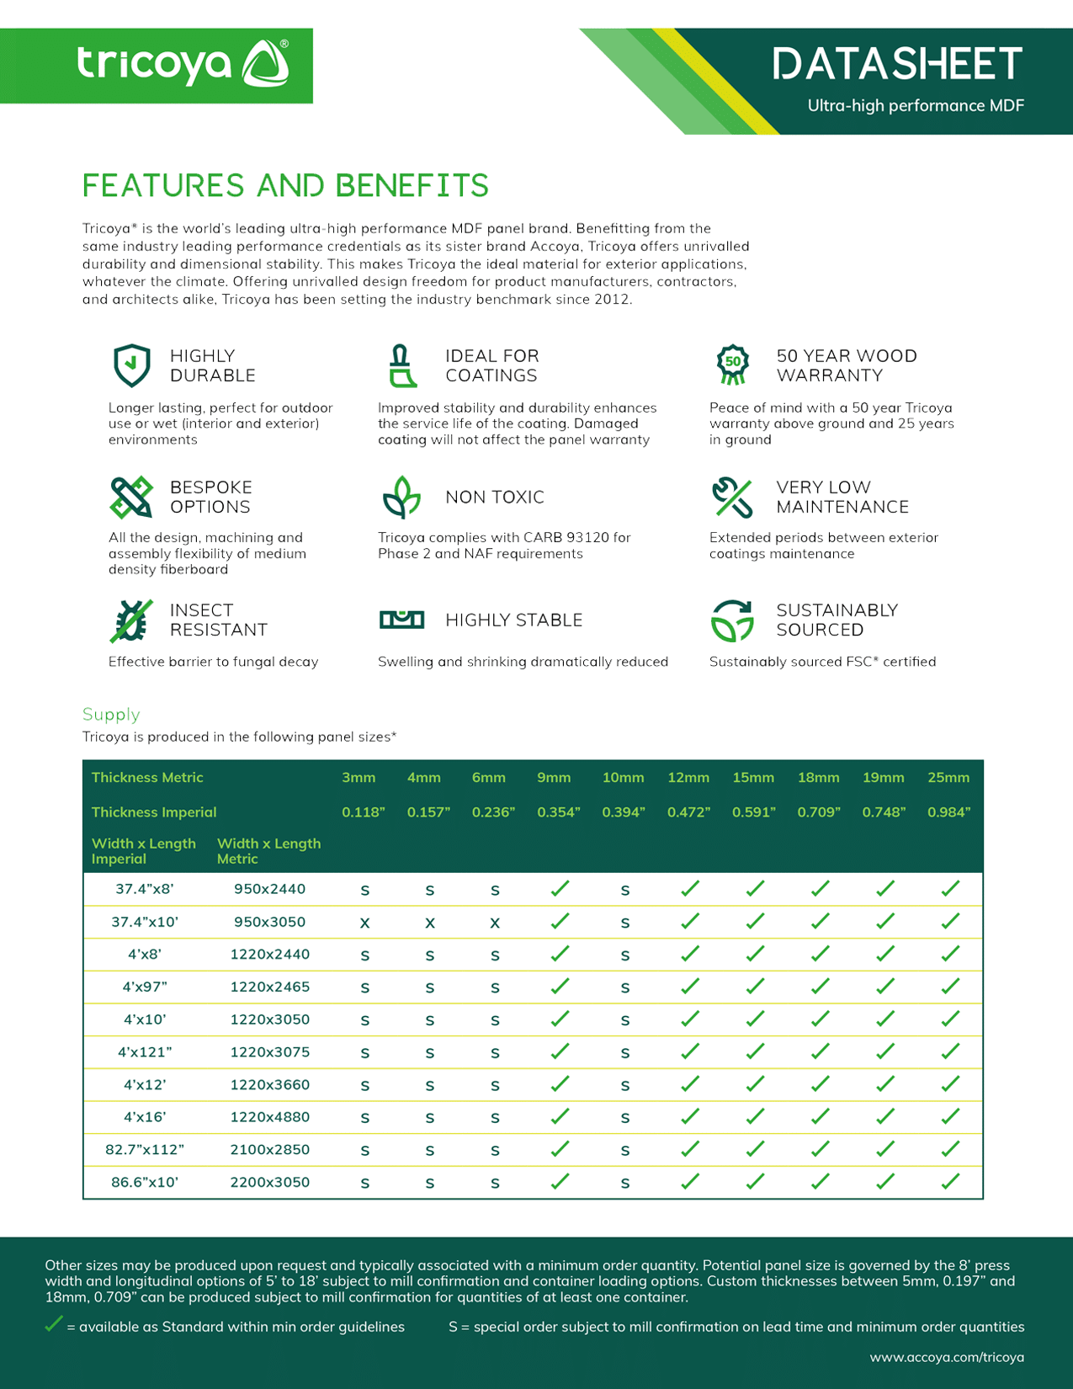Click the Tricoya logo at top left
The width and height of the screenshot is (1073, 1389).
(x=183, y=64)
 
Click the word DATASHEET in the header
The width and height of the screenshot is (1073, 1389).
(x=897, y=65)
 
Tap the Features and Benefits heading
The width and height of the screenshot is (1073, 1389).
(x=285, y=186)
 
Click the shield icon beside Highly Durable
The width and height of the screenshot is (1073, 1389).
(x=132, y=365)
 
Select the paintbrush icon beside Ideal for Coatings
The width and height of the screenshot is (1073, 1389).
(x=402, y=366)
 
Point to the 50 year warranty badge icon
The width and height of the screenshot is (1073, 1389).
(x=733, y=365)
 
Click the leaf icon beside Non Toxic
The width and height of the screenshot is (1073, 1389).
(x=401, y=497)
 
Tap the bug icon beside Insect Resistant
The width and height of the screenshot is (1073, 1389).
(x=131, y=620)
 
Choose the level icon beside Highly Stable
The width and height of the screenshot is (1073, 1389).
(x=401, y=620)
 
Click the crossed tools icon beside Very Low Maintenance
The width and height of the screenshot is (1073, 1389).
(x=731, y=497)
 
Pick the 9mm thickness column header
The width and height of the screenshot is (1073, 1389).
(x=554, y=778)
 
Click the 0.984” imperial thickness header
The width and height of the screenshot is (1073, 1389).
(x=949, y=812)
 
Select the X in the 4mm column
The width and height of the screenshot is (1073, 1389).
(x=430, y=923)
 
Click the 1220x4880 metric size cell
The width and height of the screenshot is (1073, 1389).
(x=270, y=1117)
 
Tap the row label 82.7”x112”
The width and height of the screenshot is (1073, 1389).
(x=145, y=1150)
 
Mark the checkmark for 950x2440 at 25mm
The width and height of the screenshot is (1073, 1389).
(x=950, y=889)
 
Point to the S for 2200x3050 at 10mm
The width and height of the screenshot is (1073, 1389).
(x=625, y=1184)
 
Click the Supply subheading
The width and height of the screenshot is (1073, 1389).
(x=111, y=715)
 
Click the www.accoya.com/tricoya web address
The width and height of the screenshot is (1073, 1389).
(x=947, y=1357)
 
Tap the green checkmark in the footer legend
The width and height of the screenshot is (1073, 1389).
(x=53, y=1325)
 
